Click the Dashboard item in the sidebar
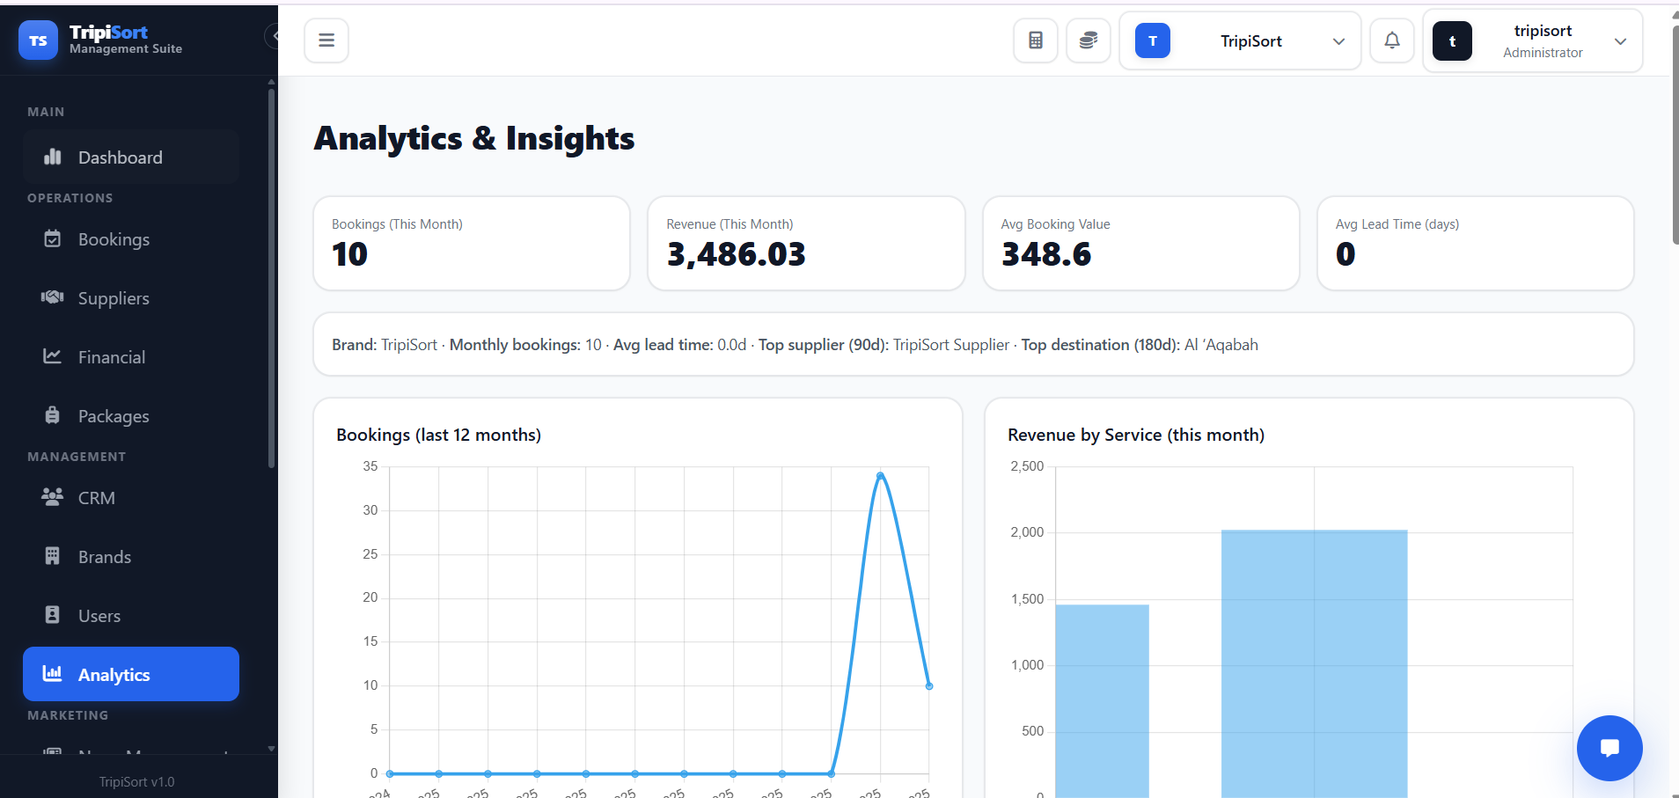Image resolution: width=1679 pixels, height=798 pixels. coord(120,157)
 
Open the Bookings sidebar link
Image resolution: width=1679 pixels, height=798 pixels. coord(113,239)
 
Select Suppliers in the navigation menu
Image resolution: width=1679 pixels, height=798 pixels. coord(113,298)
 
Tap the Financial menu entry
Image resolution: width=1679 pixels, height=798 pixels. coord(111,357)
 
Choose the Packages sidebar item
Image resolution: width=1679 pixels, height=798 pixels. coord(113,416)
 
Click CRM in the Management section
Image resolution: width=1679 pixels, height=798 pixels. coord(96,498)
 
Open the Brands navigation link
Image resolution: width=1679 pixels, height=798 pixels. coord(104,557)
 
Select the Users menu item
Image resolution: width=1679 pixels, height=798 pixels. coord(99,616)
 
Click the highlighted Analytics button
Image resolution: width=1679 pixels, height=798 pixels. coord(130,674)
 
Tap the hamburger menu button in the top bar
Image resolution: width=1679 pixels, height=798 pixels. coord(326,40)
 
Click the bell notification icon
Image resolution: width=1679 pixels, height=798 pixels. coord(1392,40)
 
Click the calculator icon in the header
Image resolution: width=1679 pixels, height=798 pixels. coord(1036,40)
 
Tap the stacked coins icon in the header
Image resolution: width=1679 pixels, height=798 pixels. coord(1089,40)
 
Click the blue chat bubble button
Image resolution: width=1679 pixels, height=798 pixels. coord(1609,748)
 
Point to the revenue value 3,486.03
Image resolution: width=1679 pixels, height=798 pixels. coord(736,254)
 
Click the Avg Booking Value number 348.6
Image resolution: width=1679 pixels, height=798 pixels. coord(1046,254)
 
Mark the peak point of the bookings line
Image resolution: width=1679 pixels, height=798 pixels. coord(880,476)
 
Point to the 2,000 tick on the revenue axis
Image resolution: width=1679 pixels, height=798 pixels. coord(1027,532)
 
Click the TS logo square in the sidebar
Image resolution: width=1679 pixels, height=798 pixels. coord(38,40)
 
